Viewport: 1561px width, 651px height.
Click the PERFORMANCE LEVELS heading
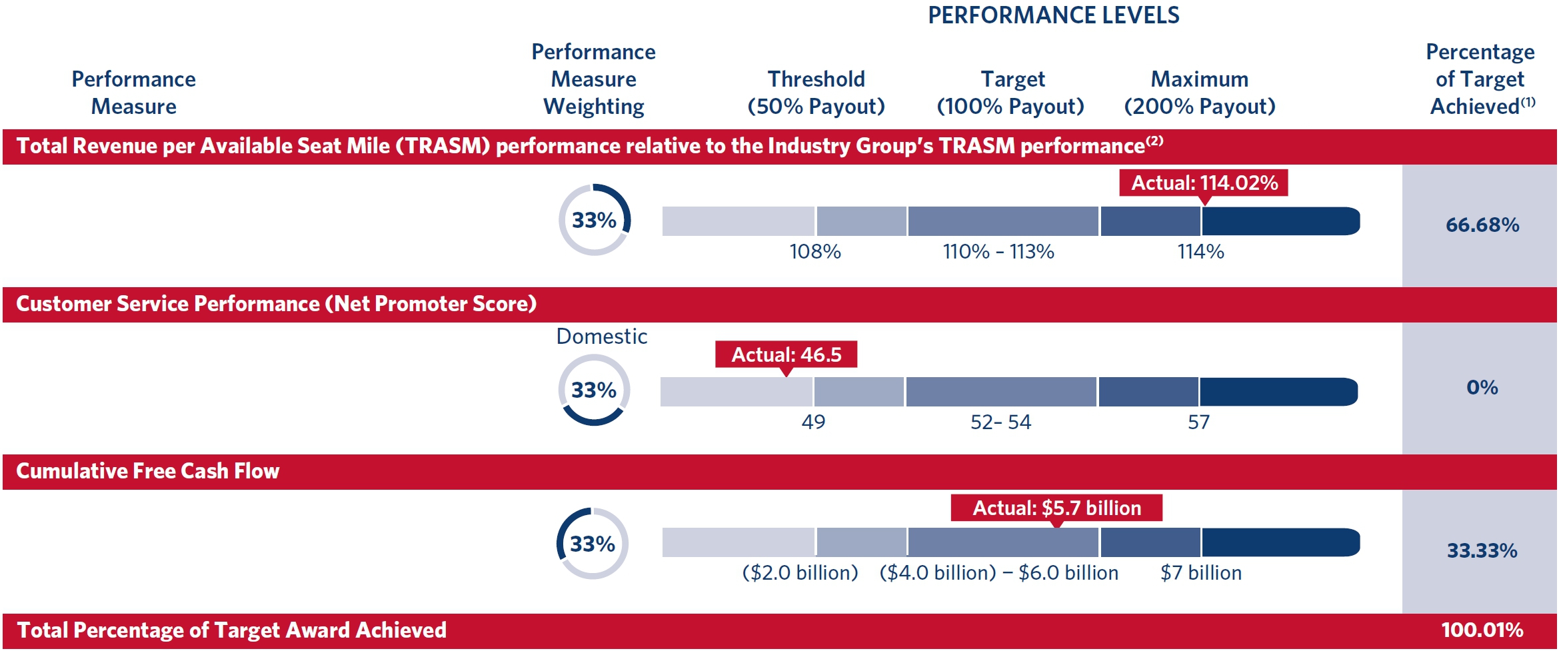(x=1053, y=15)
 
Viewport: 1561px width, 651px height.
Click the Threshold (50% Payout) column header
(x=816, y=93)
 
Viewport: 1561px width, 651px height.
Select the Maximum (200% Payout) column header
(x=1200, y=93)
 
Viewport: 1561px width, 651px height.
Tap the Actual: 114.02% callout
(x=1204, y=183)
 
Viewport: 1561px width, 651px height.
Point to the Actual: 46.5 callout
(x=786, y=354)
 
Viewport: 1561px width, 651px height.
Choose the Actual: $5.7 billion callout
(x=1056, y=508)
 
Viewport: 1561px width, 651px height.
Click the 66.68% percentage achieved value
(x=1482, y=225)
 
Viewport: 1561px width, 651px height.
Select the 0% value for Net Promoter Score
(x=1482, y=387)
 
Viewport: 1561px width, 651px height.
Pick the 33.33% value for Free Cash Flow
(x=1482, y=550)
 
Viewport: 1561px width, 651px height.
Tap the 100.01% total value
(x=1482, y=630)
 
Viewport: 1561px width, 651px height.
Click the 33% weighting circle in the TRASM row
(x=594, y=220)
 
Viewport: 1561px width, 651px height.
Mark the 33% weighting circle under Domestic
(x=594, y=390)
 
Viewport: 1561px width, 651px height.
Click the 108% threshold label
(x=815, y=252)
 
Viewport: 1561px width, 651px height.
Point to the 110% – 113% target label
(x=998, y=252)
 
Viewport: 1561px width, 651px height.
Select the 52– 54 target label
(x=1000, y=422)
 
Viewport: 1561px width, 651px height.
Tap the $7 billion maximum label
(x=1200, y=573)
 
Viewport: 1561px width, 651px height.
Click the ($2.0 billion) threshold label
(x=800, y=573)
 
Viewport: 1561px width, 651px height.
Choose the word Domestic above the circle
(x=601, y=336)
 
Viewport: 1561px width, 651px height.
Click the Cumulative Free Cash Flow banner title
(x=148, y=471)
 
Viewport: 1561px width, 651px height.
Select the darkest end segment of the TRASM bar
(x=1280, y=221)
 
